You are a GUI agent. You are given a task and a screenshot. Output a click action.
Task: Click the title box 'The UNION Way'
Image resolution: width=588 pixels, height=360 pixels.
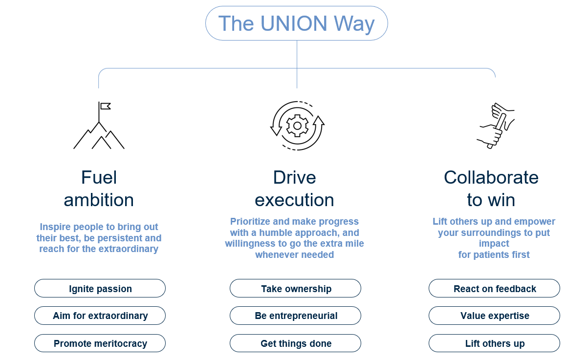tap(296, 23)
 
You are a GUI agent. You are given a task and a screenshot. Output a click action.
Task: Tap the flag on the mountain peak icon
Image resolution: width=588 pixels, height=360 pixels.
tap(105, 106)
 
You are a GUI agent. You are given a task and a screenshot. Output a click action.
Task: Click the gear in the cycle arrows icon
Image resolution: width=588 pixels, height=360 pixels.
tap(297, 126)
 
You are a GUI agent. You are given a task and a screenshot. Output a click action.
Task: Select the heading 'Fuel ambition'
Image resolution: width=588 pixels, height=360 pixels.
tap(99, 189)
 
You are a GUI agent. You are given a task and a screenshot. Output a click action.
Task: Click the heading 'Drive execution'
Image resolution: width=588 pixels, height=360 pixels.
tap(295, 189)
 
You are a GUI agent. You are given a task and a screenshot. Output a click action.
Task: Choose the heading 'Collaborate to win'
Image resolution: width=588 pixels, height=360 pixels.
tap(491, 189)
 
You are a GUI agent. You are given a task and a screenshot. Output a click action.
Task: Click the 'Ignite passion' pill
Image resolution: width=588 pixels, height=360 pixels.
tap(100, 289)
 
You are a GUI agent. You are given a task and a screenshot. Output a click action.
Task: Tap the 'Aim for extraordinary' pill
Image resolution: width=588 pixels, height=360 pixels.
tap(100, 316)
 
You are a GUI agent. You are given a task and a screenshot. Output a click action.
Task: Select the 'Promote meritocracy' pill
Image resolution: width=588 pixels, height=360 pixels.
tap(100, 343)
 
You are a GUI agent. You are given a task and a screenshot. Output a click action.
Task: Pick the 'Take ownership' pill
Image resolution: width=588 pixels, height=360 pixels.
tap(296, 289)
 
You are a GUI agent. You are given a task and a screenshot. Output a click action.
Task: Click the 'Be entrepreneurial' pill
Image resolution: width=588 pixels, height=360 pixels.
tap(296, 316)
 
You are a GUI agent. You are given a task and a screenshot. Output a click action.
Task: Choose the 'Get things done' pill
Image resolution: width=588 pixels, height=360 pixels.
tap(296, 343)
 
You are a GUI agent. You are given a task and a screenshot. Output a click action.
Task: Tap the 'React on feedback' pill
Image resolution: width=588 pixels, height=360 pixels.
tap(495, 289)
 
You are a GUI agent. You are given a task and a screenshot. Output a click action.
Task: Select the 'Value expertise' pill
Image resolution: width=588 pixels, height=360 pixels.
tap(495, 316)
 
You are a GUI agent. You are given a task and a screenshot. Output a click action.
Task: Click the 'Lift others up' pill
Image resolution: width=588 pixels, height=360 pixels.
tap(495, 343)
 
